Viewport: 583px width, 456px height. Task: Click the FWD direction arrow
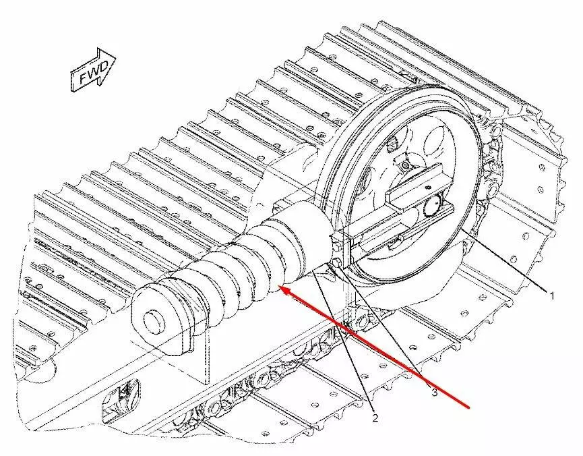tap(93, 70)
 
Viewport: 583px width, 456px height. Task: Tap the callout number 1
tap(552, 296)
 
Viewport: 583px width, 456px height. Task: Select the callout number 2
tap(375, 418)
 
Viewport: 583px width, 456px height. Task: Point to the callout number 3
tap(434, 392)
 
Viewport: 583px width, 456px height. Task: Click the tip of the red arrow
tap(280, 287)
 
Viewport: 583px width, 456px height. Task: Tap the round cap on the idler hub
tap(433, 206)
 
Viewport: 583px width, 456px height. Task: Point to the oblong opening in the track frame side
tap(119, 398)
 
